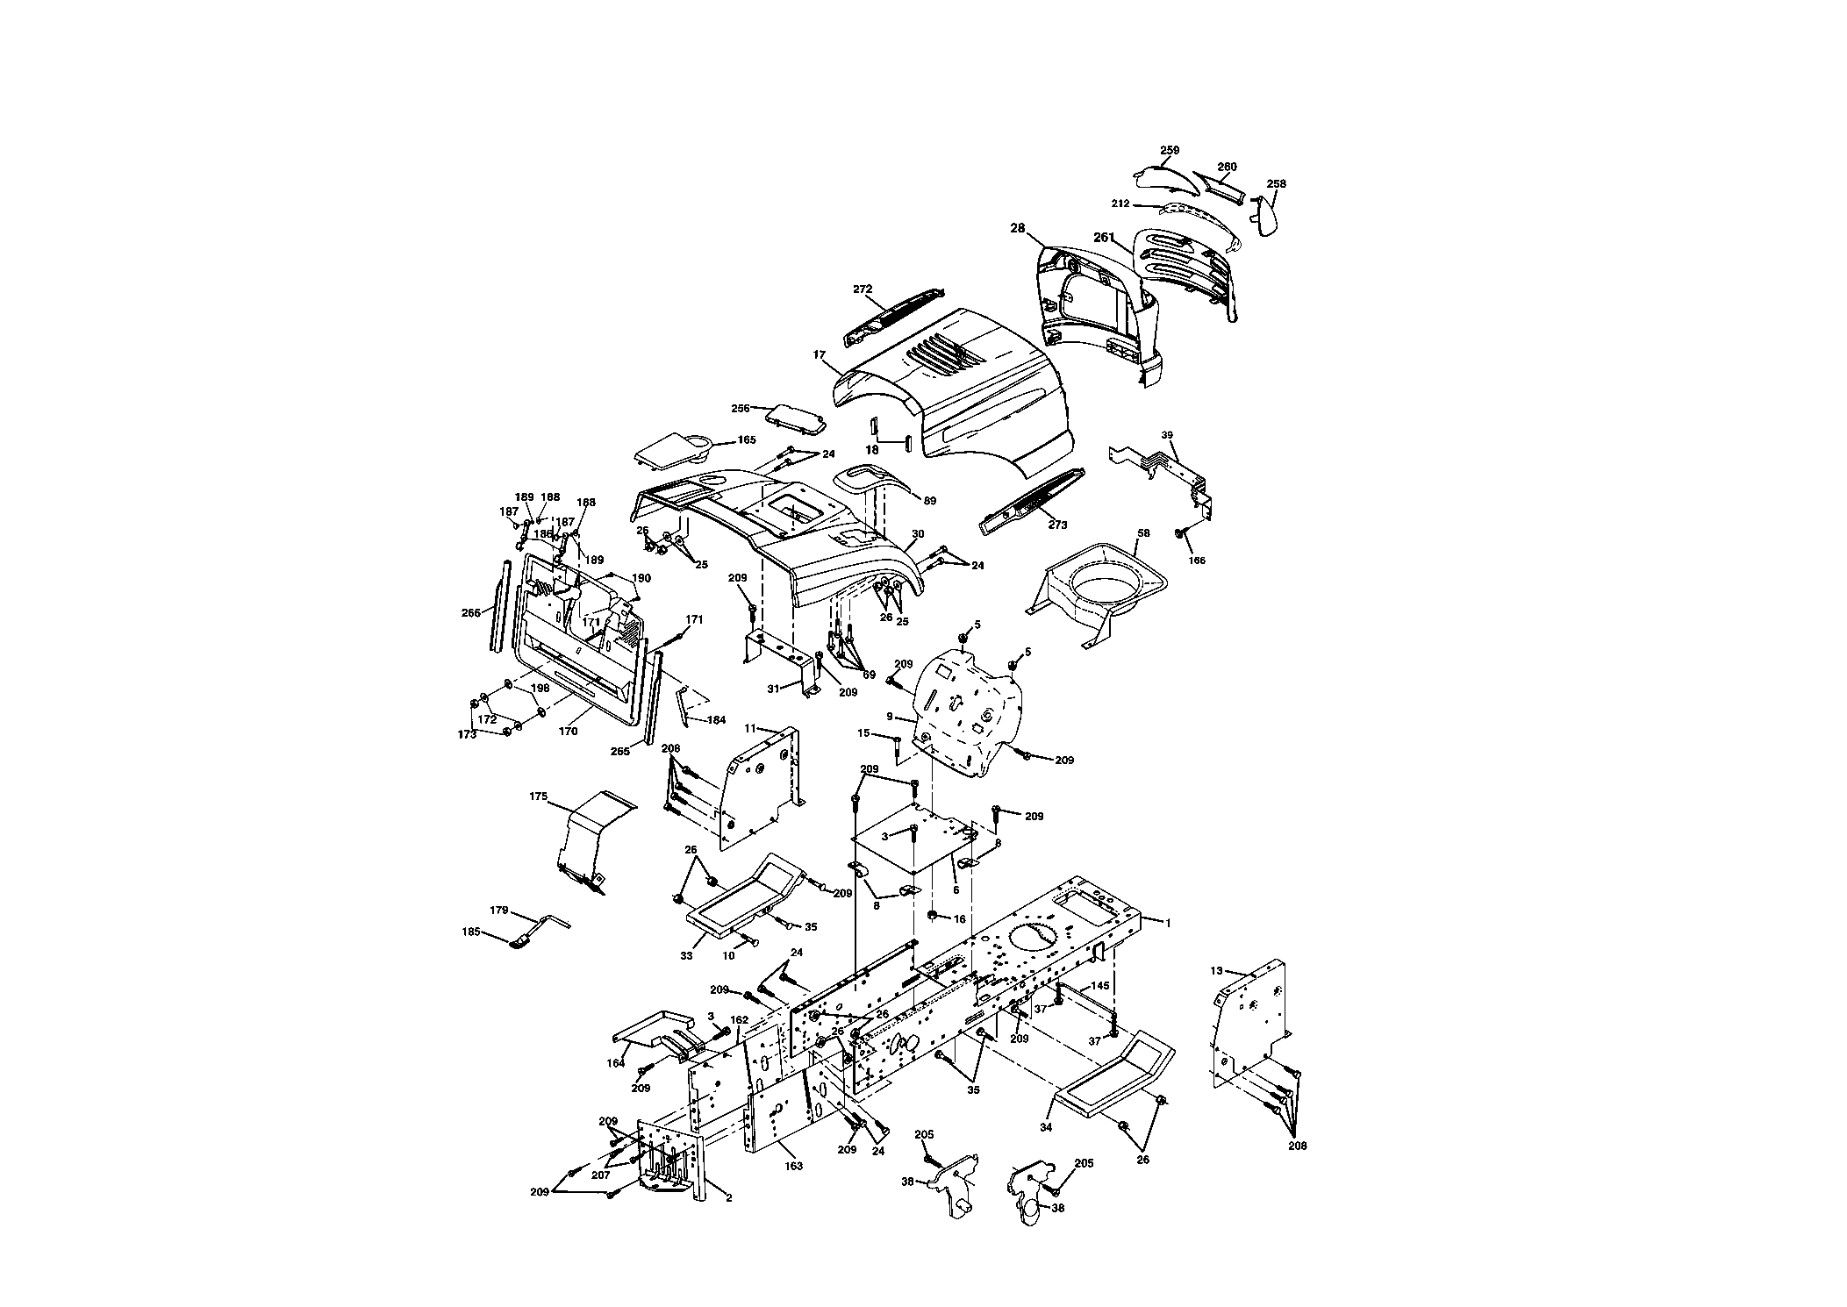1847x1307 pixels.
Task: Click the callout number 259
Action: click(1169, 150)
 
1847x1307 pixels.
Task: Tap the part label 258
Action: click(1277, 183)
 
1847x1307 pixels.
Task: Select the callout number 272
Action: click(863, 289)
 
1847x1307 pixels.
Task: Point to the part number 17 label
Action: click(820, 355)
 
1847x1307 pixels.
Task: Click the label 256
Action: click(741, 408)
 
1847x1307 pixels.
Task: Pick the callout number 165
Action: click(746, 439)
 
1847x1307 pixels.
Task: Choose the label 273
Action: click(1058, 525)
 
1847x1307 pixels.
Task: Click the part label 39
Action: click(1167, 435)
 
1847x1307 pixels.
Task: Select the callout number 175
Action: click(539, 796)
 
